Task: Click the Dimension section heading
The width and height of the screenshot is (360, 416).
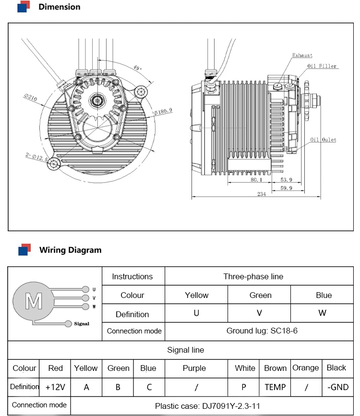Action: click(59, 7)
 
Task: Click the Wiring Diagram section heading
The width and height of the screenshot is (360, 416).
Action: click(70, 250)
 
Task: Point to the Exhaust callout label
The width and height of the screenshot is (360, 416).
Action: click(302, 56)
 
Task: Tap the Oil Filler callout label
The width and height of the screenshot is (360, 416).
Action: click(323, 66)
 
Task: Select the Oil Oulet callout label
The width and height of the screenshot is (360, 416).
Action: click(323, 140)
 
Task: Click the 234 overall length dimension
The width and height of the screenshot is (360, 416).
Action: click(262, 194)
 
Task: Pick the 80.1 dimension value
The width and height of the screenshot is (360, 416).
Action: click(256, 180)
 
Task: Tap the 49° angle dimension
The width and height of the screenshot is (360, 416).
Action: click(137, 68)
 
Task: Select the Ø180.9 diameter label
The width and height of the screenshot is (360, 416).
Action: click(163, 111)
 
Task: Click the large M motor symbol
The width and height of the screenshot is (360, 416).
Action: click(34, 301)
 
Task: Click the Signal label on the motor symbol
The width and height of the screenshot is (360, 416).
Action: click(82, 324)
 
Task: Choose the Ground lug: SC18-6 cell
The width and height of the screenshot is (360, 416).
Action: click(262, 331)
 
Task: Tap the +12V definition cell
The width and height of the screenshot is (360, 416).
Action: click(55, 387)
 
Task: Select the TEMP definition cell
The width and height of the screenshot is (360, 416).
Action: click(275, 387)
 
